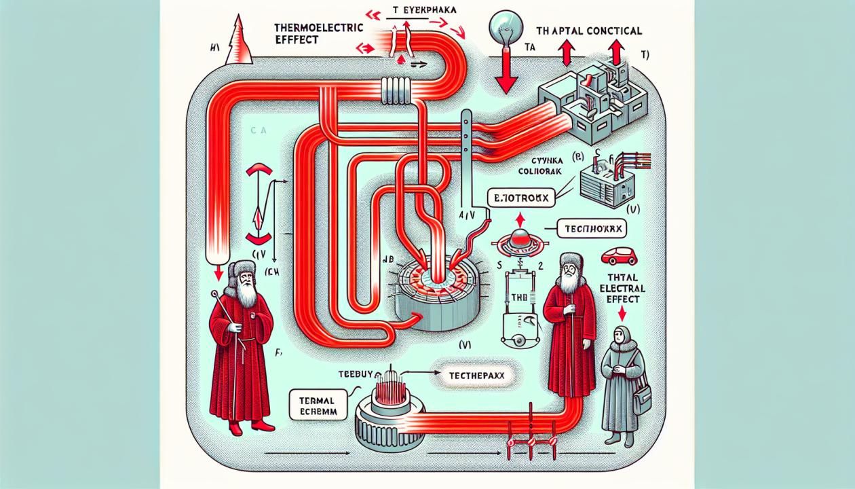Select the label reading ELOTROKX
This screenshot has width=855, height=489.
(x=520, y=198)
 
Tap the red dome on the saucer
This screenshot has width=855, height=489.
(x=520, y=238)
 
